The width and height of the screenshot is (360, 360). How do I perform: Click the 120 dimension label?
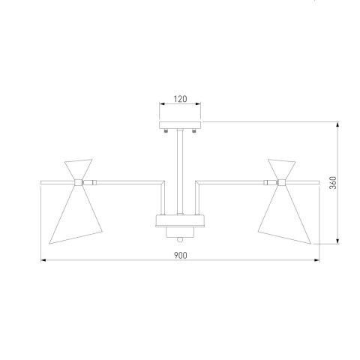pos(180,99)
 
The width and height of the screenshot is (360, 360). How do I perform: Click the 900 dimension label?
pos(180,255)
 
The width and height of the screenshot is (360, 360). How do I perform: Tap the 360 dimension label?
pos(333,183)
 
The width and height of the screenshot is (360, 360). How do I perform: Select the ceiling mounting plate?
pos(180,125)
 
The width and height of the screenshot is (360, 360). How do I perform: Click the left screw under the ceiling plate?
pos(166,130)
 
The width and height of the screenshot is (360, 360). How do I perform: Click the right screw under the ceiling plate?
pos(194,130)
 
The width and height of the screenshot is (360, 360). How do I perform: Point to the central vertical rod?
pos(180,172)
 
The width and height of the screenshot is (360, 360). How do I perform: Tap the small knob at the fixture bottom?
pos(180,240)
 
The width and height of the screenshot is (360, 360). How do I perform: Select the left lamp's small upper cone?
pos(79,169)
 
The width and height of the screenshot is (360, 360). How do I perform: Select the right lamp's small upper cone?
pos(281,169)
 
